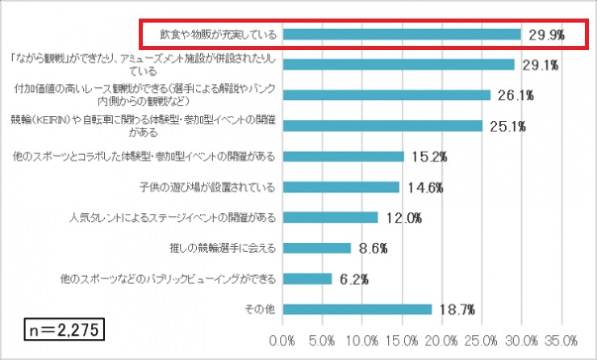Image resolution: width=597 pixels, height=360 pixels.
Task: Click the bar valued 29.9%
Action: point(402,35)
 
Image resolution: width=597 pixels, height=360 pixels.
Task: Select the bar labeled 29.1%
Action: point(399,65)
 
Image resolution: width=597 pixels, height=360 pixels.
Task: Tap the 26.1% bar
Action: point(386,95)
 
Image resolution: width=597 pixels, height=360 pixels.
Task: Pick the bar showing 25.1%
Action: point(382,126)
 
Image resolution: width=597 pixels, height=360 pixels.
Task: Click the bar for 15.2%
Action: point(344,157)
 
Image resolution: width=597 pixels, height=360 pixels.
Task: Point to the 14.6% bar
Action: point(341,186)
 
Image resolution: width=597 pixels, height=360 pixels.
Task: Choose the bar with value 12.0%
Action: point(331,217)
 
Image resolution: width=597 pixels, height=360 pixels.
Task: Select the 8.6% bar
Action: point(317,248)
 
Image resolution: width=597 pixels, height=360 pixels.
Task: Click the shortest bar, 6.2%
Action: point(307,278)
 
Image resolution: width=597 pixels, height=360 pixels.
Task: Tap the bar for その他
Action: point(357,309)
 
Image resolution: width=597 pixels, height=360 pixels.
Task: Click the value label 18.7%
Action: point(456,309)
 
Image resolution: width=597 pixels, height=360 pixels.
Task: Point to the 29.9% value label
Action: point(546,35)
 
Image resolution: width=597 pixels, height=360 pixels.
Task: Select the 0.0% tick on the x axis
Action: point(284,339)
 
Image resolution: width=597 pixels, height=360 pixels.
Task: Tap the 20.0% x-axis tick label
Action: point(443,339)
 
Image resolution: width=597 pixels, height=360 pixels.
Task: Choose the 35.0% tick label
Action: point(562,339)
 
